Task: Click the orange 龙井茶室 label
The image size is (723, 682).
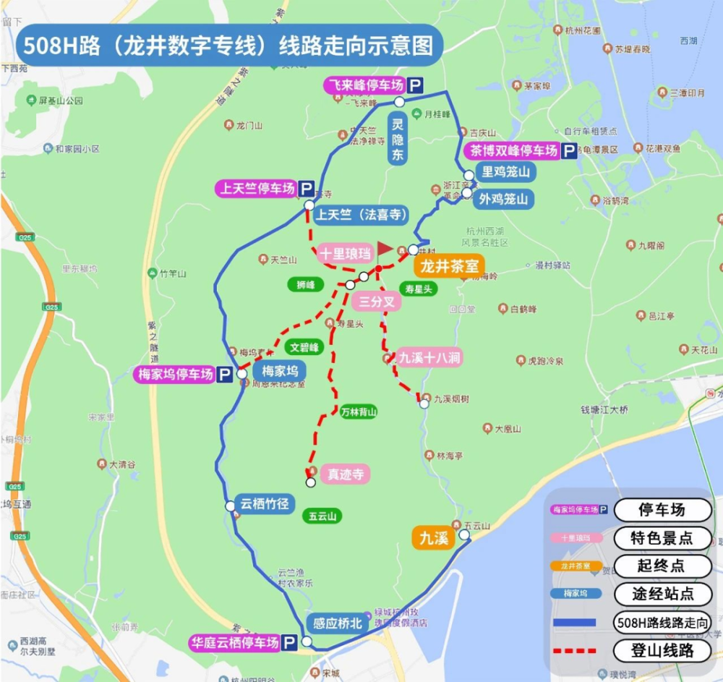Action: [448, 266]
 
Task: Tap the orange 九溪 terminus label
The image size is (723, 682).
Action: [431, 537]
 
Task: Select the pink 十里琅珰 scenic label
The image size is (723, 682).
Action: [345, 254]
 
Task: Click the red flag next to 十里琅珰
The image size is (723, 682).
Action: [384, 250]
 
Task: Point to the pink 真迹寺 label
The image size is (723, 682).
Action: [344, 474]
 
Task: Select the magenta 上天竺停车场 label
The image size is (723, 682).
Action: [257, 189]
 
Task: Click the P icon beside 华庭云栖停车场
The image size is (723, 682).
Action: [289, 642]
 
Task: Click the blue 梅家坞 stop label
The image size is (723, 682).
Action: [279, 371]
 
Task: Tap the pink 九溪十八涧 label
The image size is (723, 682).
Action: [429, 357]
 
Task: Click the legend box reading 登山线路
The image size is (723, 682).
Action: [662, 650]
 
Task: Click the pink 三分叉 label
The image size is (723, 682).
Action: [377, 302]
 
